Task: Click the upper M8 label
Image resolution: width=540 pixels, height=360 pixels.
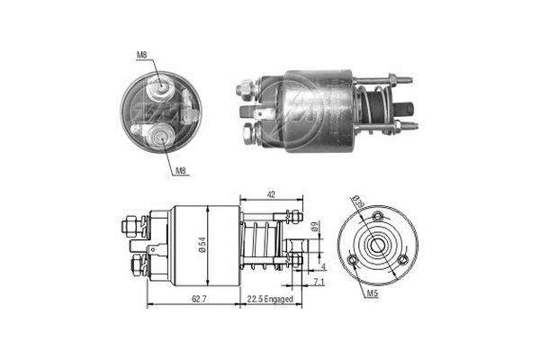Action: [141, 56]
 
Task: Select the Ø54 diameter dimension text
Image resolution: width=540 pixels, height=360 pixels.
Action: [205, 245]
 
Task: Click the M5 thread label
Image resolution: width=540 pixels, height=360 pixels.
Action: [372, 292]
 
